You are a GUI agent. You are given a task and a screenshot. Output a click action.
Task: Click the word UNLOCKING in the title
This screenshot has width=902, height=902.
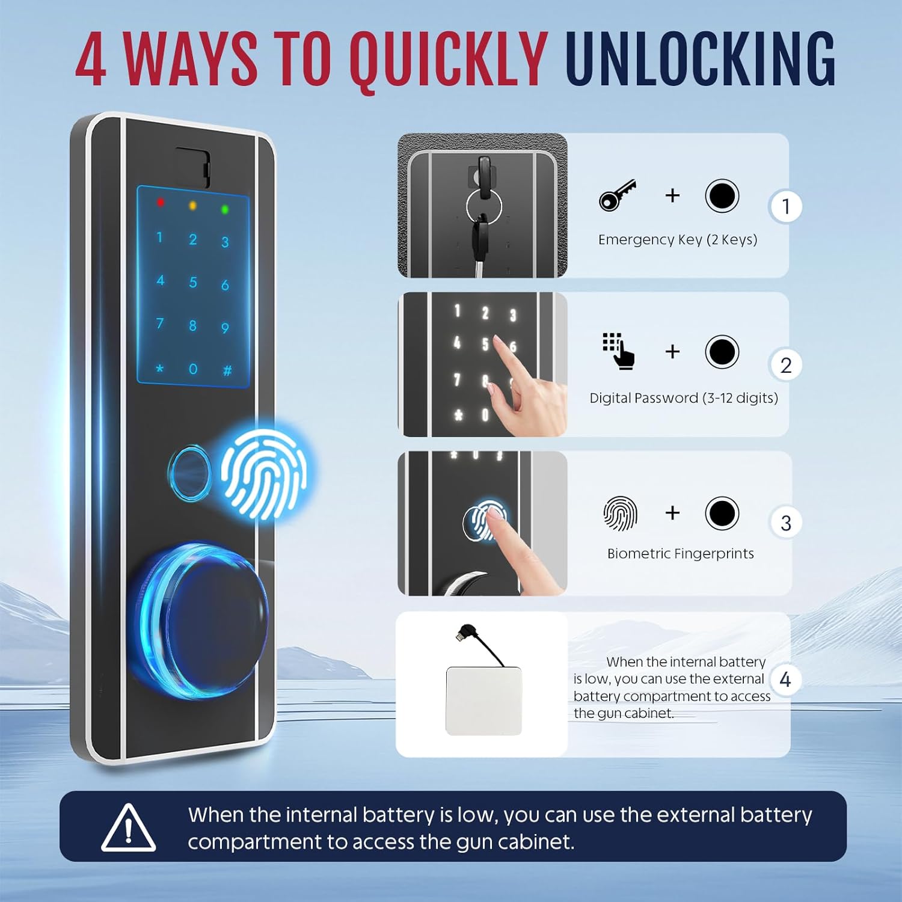coord(701,59)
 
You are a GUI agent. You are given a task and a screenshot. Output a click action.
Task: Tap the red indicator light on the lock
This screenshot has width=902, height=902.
coord(161,202)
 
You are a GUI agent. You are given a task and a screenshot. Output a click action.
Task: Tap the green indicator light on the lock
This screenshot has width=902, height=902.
coord(225,209)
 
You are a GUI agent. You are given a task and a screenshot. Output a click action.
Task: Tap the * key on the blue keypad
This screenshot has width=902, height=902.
coord(160,368)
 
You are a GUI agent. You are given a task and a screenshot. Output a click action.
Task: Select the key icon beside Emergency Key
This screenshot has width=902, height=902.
coord(618,195)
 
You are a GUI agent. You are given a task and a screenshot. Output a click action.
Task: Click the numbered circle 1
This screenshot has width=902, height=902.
coord(786,206)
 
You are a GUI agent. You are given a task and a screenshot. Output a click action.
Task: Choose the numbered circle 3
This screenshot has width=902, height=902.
coord(786,523)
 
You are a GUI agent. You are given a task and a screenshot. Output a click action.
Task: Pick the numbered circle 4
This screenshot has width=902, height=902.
coord(785,680)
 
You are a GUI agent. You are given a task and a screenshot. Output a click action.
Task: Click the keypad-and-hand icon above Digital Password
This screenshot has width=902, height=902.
coord(618,351)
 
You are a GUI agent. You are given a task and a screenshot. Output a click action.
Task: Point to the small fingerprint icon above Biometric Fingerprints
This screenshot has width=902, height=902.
coord(620,514)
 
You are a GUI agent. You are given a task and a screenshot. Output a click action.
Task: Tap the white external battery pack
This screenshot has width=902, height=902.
coord(484,701)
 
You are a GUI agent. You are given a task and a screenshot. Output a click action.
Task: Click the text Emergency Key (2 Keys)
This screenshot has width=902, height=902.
coord(678,240)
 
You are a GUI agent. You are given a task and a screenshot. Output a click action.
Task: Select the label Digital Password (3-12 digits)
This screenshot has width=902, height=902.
coord(684,398)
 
